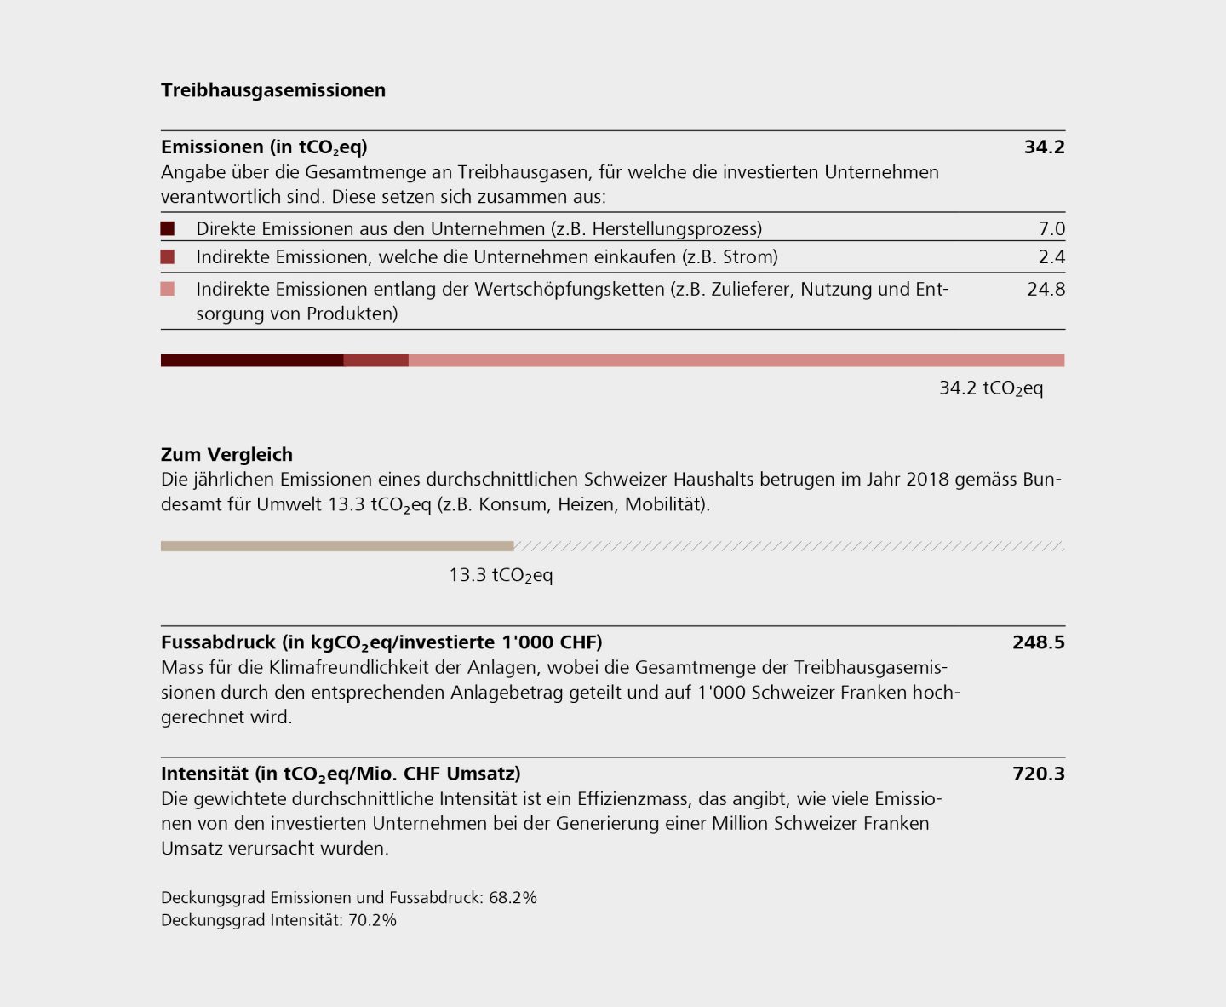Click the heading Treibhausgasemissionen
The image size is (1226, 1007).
[x=272, y=90]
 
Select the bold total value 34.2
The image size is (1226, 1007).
[x=1044, y=147]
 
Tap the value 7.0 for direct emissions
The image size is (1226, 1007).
[x=1051, y=228]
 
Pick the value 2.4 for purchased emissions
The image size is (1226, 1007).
[x=1051, y=256]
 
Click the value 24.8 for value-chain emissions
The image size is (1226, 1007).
[x=1046, y=289]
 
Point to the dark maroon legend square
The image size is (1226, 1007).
[x=168, y=228]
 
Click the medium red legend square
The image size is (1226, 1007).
[x=168, y=256]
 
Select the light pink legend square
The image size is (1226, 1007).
[x=168, y=289]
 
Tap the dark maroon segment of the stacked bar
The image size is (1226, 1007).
[x=252, y=360]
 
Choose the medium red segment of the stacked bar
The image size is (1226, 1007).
[x=375, y=360]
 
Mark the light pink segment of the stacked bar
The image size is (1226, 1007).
[x=736, y=360]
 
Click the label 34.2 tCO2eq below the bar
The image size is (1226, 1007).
[x=990, y=388]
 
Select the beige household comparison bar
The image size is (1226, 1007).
[x=337, y=546]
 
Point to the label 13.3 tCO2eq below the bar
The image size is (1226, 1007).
[x=501, y=575]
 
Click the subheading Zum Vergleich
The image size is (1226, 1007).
[x=226, y=454]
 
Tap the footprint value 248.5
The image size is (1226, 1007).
[x=1038, y=642]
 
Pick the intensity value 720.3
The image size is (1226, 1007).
[x=1038, y=774]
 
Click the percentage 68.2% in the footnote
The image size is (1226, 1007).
[x=513, y=897]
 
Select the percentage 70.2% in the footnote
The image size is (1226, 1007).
[x=372, y=920]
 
